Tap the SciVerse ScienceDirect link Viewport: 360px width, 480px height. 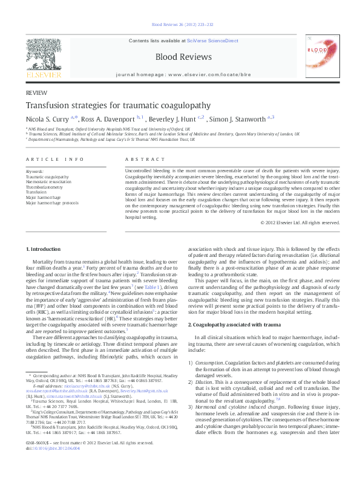click(209, 40)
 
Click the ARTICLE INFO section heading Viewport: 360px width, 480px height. click(54, 159)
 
